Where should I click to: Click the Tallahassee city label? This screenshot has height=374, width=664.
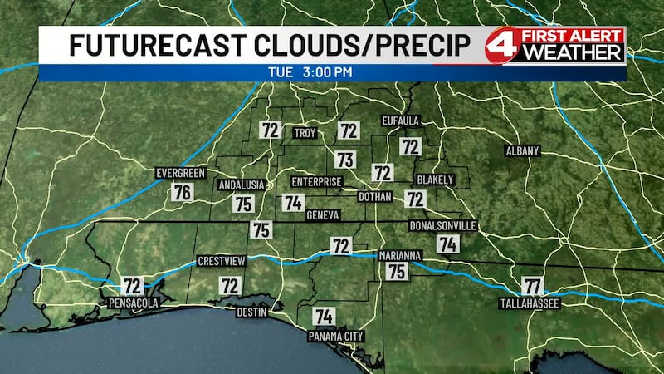529,304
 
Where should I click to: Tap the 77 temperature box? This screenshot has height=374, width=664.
532,286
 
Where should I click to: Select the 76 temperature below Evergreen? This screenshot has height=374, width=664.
183,192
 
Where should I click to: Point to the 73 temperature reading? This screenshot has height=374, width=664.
345,159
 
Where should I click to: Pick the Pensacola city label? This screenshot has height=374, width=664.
133,304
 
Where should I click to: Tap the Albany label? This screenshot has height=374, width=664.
523,151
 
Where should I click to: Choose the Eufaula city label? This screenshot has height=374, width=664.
402,121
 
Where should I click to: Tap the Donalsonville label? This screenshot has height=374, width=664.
442,226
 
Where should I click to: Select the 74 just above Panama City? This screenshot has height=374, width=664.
325,316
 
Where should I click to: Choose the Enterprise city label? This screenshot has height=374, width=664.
316,181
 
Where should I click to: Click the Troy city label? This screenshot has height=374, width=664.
305,133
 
